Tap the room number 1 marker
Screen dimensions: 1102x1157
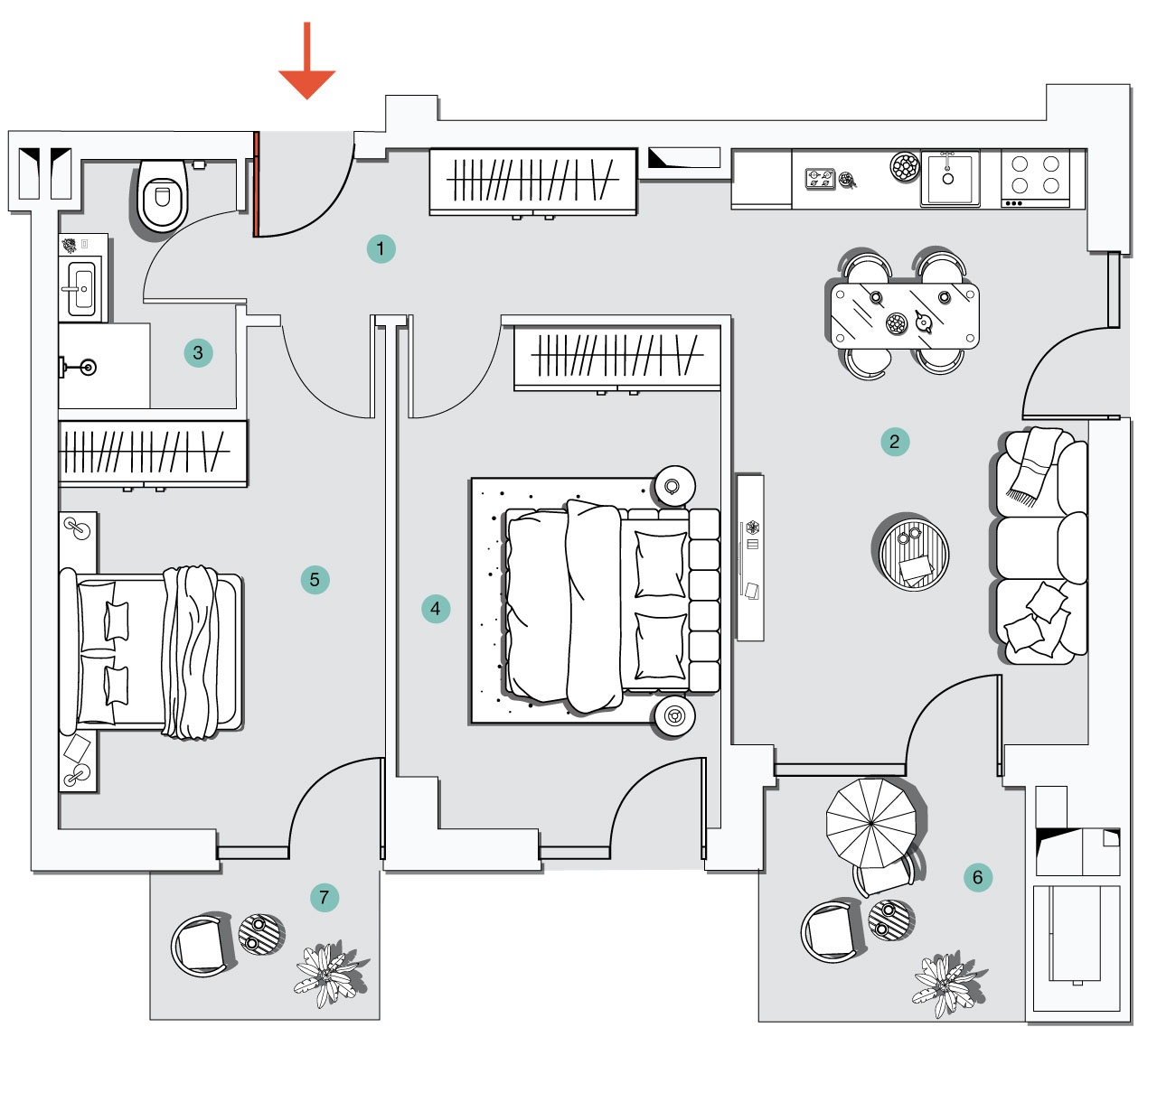click(x=381, y=248)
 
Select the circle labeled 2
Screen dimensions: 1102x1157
click(x=894, y=442)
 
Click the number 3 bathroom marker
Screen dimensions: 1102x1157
click(x=198, y=352)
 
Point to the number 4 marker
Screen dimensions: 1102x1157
click(x=436, y=609)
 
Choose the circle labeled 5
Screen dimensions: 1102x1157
click(x=315, y=580)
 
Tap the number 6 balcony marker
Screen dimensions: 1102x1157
click(x=977, y=877)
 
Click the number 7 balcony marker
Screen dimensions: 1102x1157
click(x=325, y=898)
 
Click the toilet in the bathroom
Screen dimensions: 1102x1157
click(x=163, y=195)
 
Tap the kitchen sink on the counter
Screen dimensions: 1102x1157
click(x=949, y=178)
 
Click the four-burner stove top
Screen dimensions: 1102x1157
click(x=1035, y=175)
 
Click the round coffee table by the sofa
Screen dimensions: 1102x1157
click(x=914, y=553)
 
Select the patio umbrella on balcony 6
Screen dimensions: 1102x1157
click(x=872, y=823)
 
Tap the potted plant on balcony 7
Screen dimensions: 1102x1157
click(x=327, y=975)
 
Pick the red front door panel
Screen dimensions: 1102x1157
click(x=257, y=184)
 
